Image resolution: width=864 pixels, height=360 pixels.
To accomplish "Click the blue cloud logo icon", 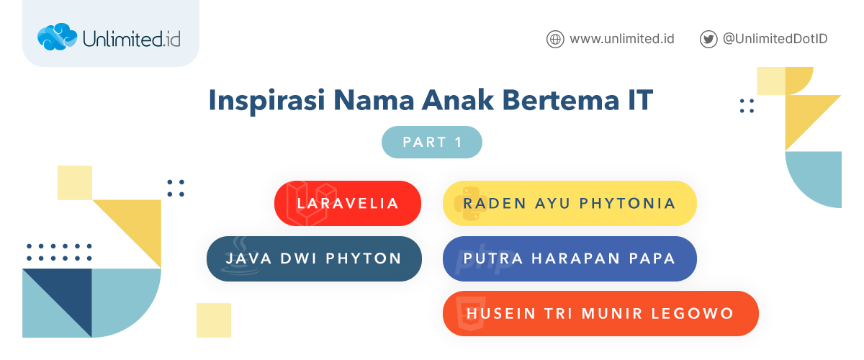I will [x=56, y=37].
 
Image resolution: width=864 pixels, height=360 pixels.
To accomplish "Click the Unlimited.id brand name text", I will [x=131, y=38].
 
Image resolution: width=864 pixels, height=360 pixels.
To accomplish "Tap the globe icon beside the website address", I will [x=554, y=39].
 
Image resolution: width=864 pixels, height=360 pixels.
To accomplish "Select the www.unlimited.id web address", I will [x=621, y=39].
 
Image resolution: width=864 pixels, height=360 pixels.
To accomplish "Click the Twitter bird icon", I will [x=708, y=39].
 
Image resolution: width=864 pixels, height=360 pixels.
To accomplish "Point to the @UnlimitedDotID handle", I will [x=775, y=39].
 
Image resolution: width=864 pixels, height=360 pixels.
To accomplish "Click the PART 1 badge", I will [x=431, y=142].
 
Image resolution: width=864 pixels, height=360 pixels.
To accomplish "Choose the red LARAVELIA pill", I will [x=348, y=203].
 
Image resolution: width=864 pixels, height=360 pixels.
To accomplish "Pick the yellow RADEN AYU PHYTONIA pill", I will [x=570, y=203].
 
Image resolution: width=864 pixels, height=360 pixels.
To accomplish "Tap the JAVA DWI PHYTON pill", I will [x=314, y=258].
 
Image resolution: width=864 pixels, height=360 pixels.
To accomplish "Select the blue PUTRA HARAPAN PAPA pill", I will [x=570, y=258].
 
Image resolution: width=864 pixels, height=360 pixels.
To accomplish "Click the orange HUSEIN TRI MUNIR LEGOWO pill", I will [x=600, y=314].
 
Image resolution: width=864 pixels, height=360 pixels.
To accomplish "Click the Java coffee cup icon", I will [x=235, y=263].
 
